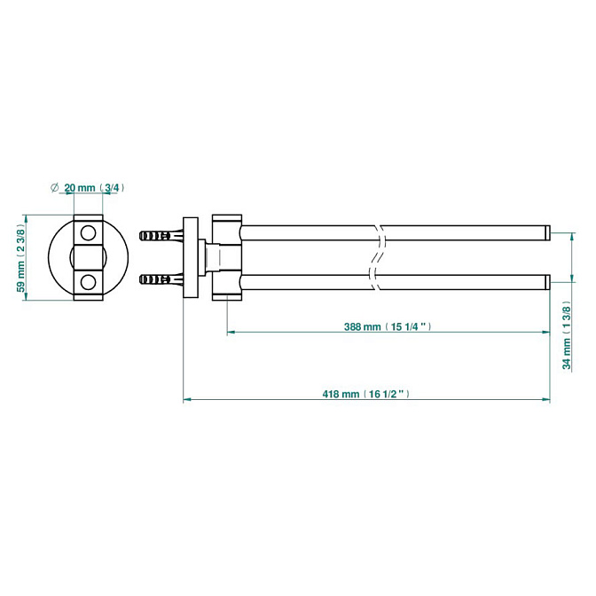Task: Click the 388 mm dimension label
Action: click(x=388, y=326)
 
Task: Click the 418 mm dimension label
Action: click(x=366, y=394)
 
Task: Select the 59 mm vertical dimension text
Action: click(x=21, y=258)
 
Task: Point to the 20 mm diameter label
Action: click(x=87, y=187)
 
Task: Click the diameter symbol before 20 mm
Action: click(x=54, y=187)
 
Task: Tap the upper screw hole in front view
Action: click(x=89, y=232)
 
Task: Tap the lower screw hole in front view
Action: click(x=89, y=282)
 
